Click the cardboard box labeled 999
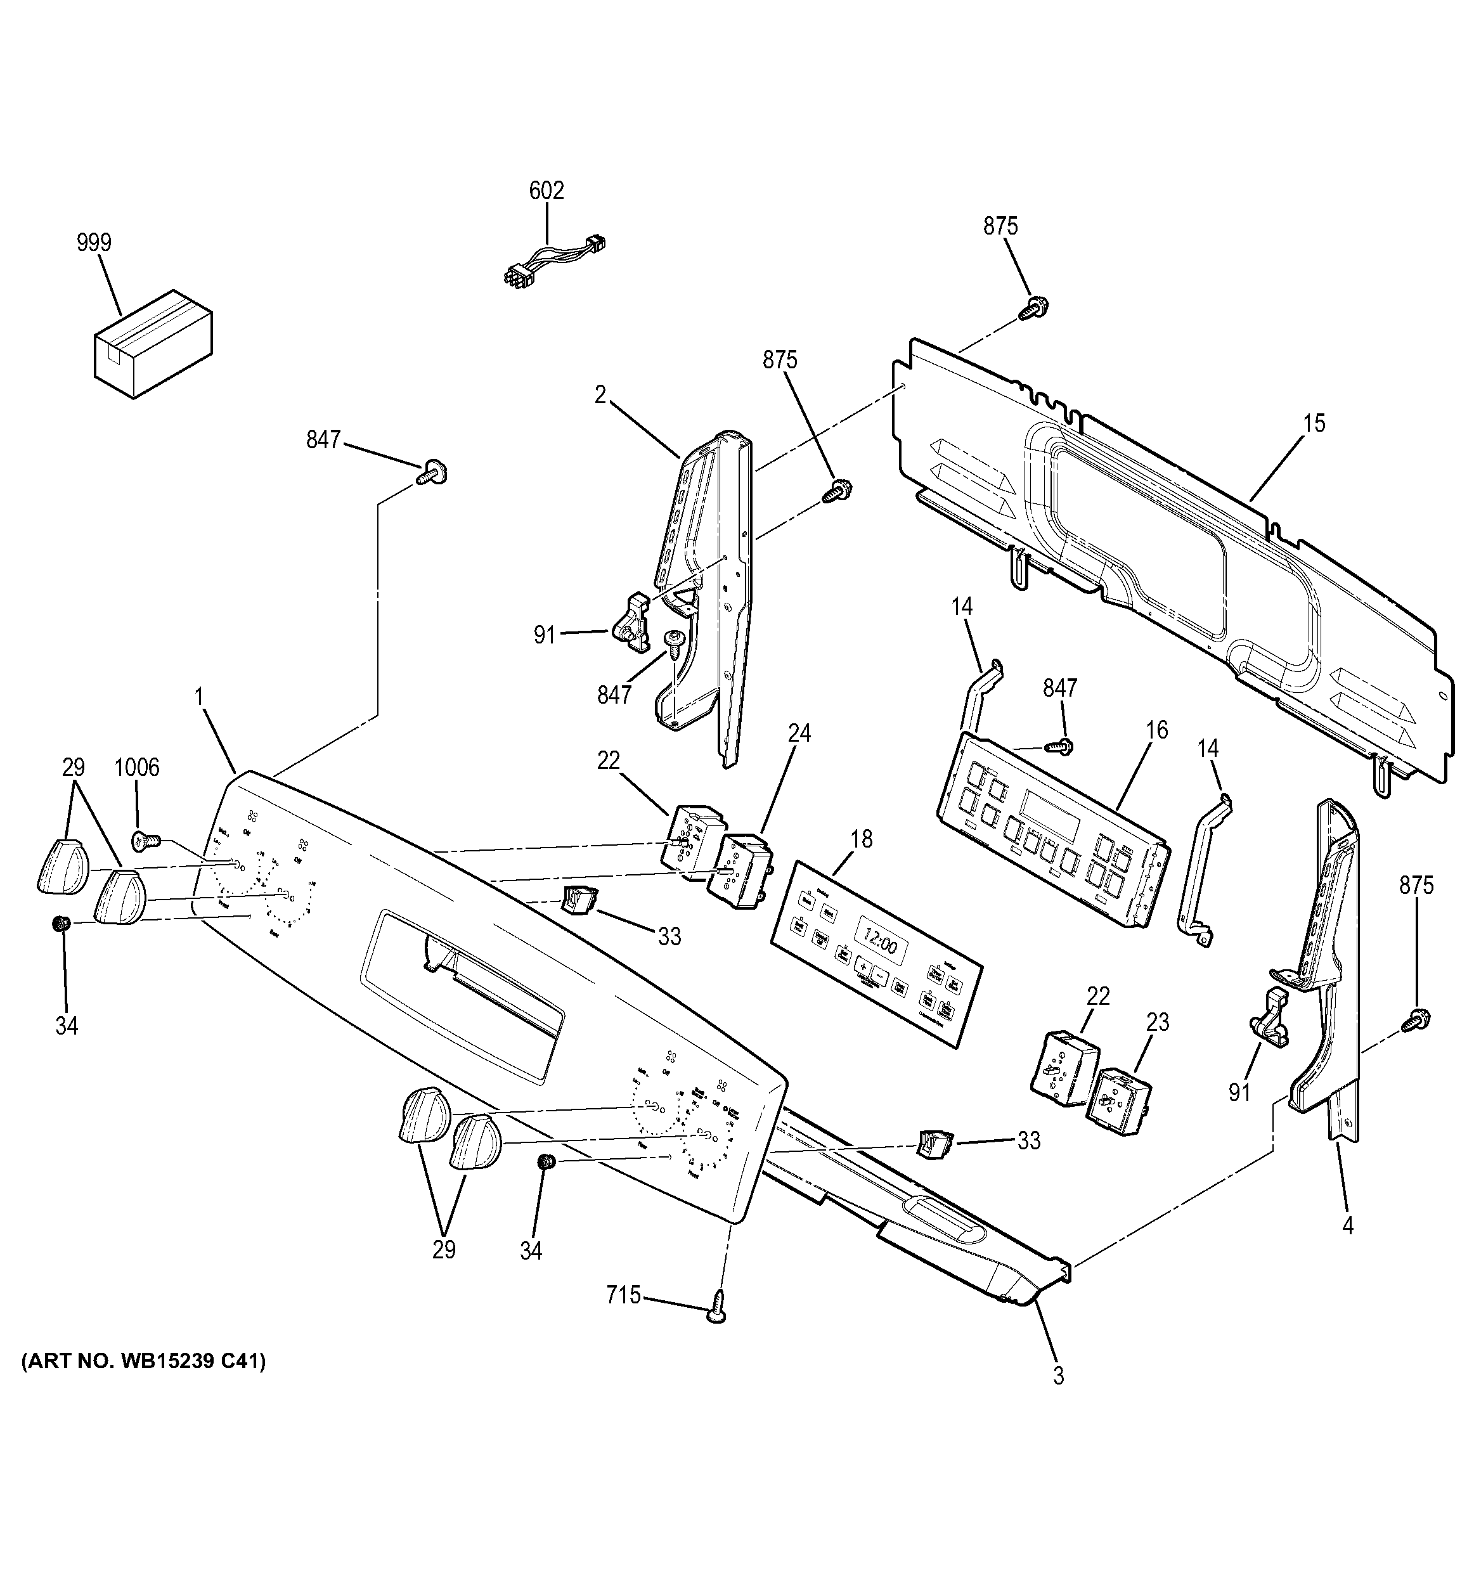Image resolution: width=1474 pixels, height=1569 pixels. (155, 344)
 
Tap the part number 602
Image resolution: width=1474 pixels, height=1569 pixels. (546, 191)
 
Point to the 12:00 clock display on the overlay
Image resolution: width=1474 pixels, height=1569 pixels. (880, 944)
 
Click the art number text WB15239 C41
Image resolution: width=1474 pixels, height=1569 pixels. (144, 1362)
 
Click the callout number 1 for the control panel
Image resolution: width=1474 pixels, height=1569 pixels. (199, 697)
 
